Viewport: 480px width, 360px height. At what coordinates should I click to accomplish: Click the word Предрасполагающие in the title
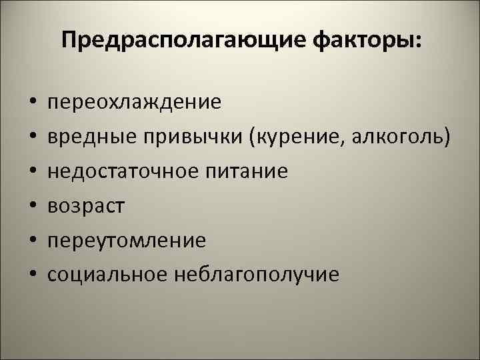[x=170, y=42]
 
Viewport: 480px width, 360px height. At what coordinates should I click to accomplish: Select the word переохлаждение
[x=134, y=103]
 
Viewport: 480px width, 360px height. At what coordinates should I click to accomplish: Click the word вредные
[x=91, y=137]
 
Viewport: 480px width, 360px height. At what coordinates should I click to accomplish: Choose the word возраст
[x=86, y=206]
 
